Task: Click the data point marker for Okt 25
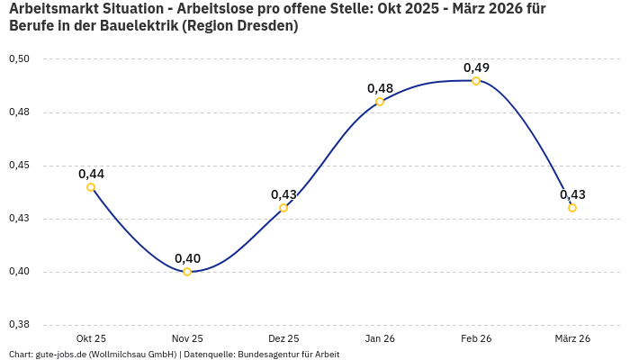pos(91,187)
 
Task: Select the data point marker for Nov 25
pos(187,272)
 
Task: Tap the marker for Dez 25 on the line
pos(283,208)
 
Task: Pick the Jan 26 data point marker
pos(380,102)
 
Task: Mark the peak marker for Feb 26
pos(476,81)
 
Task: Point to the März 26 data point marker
pos(572,208)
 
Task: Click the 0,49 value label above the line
pos(476,67)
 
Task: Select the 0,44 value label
pos(91,174)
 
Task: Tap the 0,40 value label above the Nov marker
pos(187,258)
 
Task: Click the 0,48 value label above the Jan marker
pos(380,88)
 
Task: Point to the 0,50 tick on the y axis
pos(19,59)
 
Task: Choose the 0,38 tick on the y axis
pos(19,325)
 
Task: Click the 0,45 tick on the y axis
pos(19,166)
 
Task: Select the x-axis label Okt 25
pos(91,338)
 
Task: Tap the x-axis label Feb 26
pos(476,338)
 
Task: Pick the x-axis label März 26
pos(572,338)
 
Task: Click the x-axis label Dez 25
pos(283,338)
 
